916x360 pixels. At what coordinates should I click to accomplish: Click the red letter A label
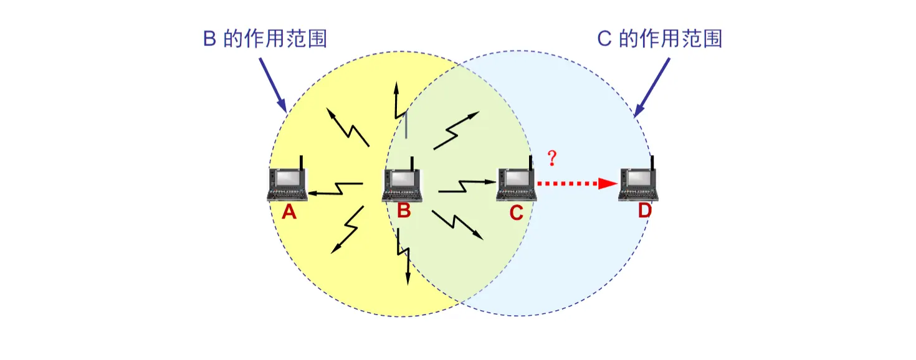[x=289, y=213]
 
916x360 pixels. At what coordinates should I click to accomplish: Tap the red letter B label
[x=404, y=212]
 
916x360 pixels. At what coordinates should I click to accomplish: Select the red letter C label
[x=516, y=213]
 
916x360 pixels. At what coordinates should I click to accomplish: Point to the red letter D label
[x=644, y=211]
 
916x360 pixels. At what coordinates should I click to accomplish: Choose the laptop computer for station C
[x=517, y=185]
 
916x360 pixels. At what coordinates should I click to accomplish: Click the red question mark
[x=551, y=158]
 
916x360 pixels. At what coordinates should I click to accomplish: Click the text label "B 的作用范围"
[x=265, y=39]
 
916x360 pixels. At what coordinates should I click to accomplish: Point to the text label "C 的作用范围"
[x=660, y=39]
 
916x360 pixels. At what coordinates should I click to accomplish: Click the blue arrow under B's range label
[x=272, y=85]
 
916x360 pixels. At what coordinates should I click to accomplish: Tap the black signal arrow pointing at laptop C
[x=467, y=185]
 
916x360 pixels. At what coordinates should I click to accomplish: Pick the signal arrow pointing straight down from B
[x=404, y=258]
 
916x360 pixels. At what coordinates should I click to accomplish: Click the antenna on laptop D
[x=652, y=163]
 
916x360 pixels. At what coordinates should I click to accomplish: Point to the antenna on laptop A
[x=301, y=163]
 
